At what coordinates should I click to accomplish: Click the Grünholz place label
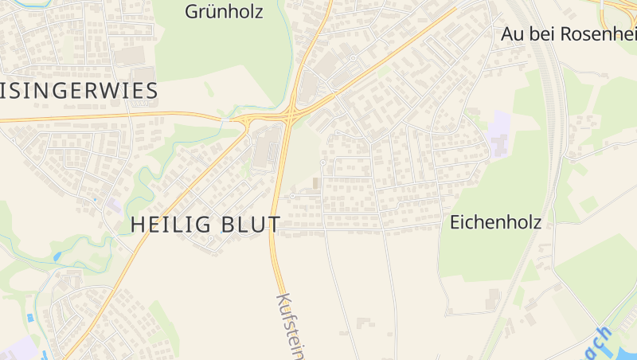pos(223,12)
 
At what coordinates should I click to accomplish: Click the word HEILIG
pos(169,225)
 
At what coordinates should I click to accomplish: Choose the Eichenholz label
pos(495,222)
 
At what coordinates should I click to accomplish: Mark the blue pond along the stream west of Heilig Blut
pos(57,256)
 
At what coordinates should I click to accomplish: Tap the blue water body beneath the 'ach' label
pos(617,349)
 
